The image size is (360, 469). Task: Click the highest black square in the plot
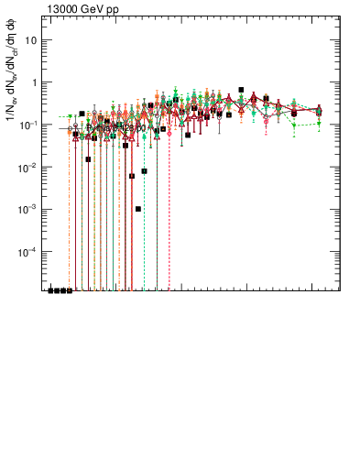tap(241, 90)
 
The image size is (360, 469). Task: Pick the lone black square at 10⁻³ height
tap(138, 209)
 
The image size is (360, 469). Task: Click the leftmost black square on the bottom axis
tap(51, 290)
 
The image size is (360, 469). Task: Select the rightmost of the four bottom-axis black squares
tap(70, 290)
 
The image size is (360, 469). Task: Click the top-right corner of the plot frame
tap(340, 19)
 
